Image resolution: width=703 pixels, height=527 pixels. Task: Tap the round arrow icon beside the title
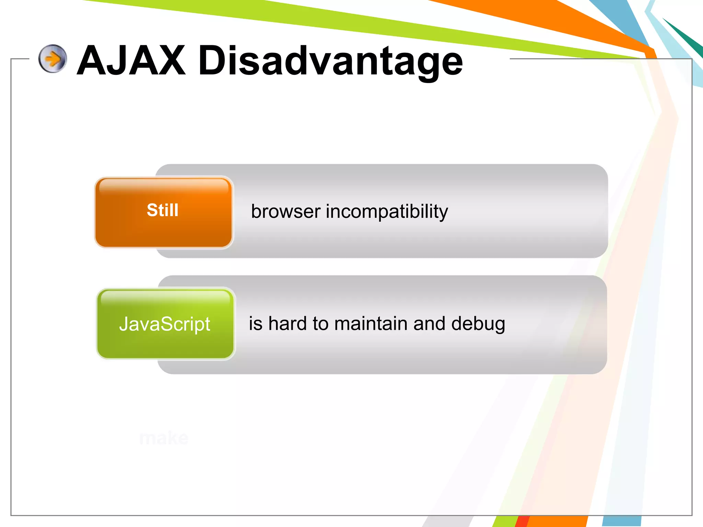click(x=53, y=59)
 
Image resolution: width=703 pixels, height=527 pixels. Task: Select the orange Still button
click(x=163, y=212)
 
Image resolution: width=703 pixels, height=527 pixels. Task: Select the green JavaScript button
click(x=165, y=324)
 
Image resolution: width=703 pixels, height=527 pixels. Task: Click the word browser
click(x=286, y=211)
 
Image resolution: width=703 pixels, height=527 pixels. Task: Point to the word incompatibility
click(x=387, y=212)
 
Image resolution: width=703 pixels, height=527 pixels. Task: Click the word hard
click(x=287, y=324)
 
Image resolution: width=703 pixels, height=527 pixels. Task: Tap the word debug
click(x=478, y=324)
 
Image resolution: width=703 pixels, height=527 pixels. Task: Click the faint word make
click(x=164, y=438)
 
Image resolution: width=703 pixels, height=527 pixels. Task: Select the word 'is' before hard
click(x=255, y=324)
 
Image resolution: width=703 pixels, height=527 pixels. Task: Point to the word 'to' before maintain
click(x=320, y=324)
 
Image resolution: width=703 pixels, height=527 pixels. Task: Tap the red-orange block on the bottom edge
click(x=522, y=521)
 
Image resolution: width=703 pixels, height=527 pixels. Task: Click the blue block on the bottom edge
click(x=621, y=521)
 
